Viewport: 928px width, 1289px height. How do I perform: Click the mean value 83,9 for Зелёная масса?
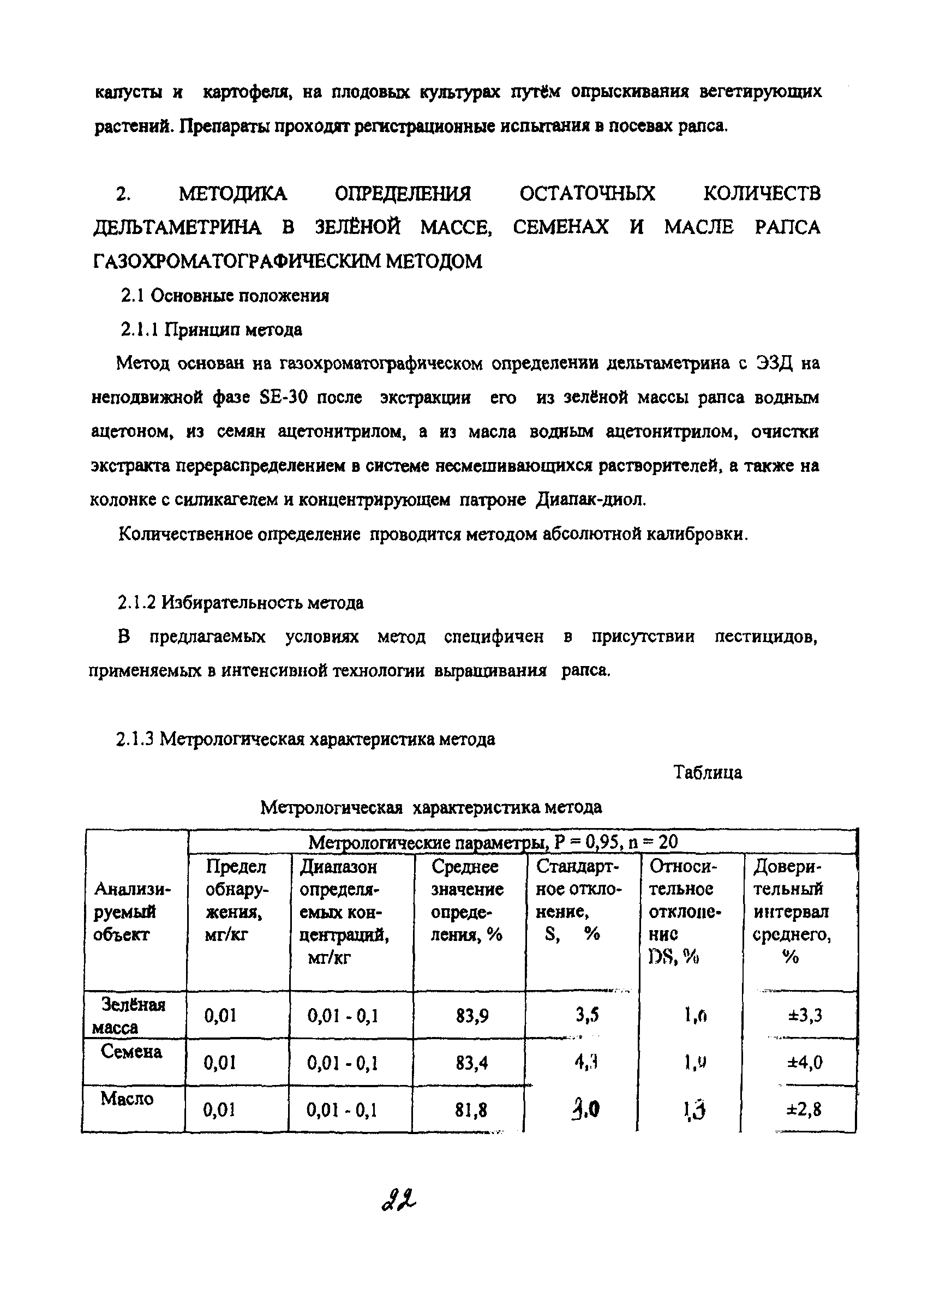point(472,1015)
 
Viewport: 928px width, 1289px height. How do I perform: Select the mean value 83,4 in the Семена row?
point(472,1062)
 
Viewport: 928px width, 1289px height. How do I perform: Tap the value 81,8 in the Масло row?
point(472,1110)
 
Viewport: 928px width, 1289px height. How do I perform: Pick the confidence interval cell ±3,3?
point(805,1015)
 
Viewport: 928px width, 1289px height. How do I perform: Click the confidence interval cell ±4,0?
point(805,1062)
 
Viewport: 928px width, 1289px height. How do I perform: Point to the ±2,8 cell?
point(805,1110)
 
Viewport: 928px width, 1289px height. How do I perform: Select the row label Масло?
point(127,1099)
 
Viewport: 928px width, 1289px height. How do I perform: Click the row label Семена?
point(131,1051)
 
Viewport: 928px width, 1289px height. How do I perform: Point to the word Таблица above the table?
point(708,772)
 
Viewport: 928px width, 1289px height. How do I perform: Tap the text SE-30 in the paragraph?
point(283,397)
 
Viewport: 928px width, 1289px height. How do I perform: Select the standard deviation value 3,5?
point(587,1015)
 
